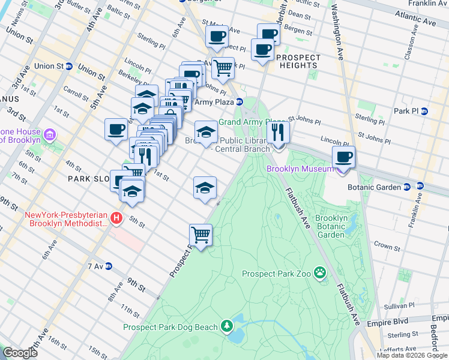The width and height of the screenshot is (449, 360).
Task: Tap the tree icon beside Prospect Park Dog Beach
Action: coord(227,326)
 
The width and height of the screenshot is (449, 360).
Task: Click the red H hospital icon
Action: coord(117,218)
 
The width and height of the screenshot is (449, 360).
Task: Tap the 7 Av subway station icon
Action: coord(109,266)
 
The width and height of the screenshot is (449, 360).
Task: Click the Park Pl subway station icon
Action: coord(424,111)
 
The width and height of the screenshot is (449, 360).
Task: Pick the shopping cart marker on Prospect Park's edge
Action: coord(200,235)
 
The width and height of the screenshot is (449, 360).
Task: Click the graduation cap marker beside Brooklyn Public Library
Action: coord(205,132)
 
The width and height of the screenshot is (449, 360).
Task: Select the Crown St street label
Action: coord(387,247)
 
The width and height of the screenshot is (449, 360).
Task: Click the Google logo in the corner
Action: coord(20,353)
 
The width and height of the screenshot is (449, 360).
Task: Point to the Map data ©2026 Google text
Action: coord(412,355)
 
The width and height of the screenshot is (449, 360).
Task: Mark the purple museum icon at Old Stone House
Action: coord(50,135)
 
